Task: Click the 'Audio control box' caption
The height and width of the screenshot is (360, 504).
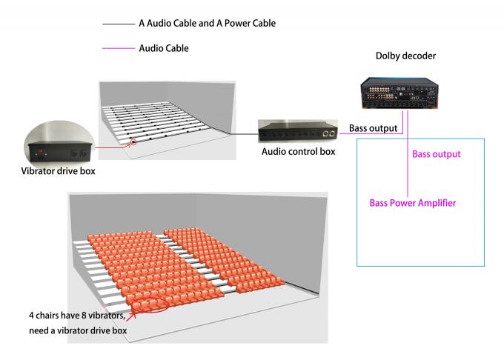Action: [x=296, y=152]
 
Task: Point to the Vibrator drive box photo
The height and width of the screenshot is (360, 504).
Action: [x=58, y=145]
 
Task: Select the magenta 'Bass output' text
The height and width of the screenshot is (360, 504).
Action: [x=437, y=154]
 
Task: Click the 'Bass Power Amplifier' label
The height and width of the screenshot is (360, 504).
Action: [x=413, y=203]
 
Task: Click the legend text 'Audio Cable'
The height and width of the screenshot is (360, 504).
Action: [x=164, y=49]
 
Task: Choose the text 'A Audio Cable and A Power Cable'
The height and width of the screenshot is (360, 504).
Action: [x=207, y=24]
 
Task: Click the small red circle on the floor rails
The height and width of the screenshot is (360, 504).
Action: [x=133, y=141]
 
